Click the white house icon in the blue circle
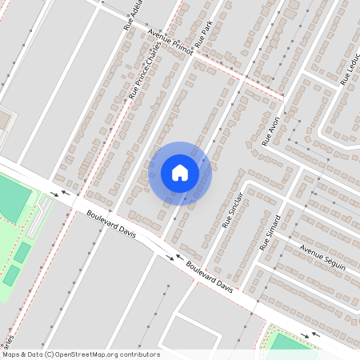coord(179,173)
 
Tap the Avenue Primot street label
coord(170,42)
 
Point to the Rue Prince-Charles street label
coord(145,70)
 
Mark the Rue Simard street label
coord(270,233)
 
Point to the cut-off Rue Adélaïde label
coord(132,14)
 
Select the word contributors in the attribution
coord(140,354)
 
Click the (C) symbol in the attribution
coord(50,354)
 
